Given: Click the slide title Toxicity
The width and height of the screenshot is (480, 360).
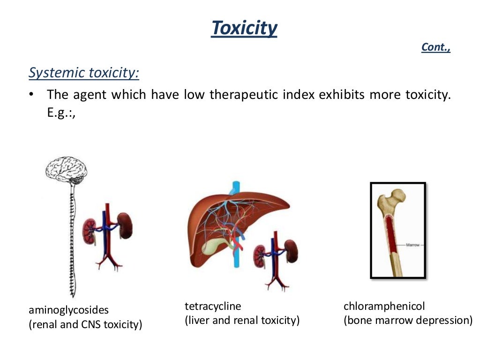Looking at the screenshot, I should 244,28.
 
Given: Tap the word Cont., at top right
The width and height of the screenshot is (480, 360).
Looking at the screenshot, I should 436,47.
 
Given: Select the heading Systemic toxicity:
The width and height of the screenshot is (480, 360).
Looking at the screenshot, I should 84,73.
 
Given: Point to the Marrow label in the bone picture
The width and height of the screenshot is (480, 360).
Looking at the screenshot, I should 412,245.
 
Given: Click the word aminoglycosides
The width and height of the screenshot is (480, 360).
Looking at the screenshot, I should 68,310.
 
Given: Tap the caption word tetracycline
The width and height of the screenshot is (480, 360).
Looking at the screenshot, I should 213,307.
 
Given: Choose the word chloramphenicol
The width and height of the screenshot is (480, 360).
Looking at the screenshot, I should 384,307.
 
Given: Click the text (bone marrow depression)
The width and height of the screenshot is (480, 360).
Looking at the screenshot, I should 408,321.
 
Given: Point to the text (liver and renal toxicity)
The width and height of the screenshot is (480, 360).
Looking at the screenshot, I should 242,321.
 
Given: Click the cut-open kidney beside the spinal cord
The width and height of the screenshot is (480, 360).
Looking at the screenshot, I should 90,231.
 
